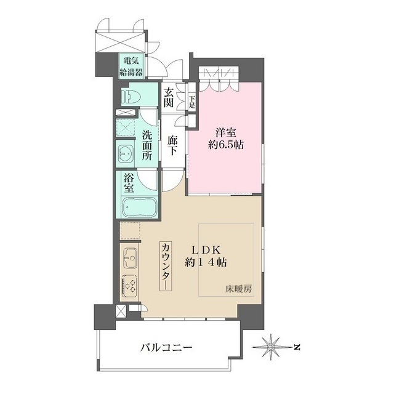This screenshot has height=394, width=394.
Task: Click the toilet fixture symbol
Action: pos(130,96)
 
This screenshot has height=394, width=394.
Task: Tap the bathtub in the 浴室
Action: pos(140,207)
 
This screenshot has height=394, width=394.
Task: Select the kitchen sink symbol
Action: pos(131,259)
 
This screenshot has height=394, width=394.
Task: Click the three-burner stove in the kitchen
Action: pos(130,286)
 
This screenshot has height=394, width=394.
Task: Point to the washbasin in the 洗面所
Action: pos(126,153)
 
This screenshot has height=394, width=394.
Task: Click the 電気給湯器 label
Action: pos(131,66)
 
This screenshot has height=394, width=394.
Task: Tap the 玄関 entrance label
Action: pos(169,97)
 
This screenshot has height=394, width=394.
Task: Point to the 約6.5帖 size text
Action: pos(226,145)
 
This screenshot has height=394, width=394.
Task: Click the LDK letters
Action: pos(206,250)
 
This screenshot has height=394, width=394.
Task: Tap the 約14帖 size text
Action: pos(206,263)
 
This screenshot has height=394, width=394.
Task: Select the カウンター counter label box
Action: pos(166,267)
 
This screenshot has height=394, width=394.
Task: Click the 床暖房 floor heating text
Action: pos(238,289)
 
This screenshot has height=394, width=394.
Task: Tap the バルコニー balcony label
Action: pos(166,348)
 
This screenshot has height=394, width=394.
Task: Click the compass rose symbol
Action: pos(271,347)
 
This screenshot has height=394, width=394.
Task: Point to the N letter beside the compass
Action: pos(297,347)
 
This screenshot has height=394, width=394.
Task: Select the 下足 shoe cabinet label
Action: pos(192,102)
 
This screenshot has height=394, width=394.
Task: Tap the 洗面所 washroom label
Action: pos(147,146)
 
